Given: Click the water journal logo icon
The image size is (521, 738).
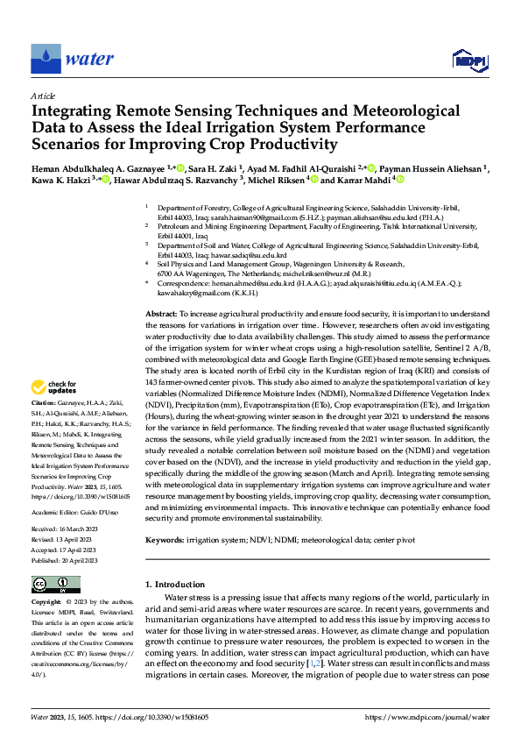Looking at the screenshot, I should pos(46,60).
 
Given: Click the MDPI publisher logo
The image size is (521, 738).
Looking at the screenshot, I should pos(468,60).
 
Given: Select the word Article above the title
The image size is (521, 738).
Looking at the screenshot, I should pos(43,96).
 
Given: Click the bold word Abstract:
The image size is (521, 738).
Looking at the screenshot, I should pos(161,313).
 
